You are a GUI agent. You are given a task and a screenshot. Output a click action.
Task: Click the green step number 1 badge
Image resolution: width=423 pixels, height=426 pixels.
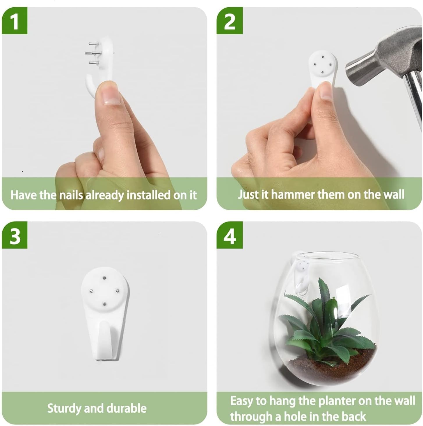(x=15, y=21)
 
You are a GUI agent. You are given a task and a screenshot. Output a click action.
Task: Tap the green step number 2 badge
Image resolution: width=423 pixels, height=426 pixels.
(x=230, y=21)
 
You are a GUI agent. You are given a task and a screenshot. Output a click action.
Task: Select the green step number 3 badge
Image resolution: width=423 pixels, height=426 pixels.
(x=15, y=235)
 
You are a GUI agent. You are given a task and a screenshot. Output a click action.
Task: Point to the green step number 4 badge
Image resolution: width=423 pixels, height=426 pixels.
(x=230, y=235)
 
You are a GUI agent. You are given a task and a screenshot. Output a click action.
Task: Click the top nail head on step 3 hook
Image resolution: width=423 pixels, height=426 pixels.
(x=104, y=278)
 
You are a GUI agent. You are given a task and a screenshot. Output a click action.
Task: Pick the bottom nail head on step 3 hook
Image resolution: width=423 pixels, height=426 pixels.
(x=104, y=304)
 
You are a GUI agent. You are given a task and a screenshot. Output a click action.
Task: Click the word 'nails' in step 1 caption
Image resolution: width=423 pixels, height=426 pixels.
(x=71, y=195)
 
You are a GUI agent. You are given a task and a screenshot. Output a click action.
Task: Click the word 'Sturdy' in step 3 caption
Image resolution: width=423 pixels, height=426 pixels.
(x=64, y=408)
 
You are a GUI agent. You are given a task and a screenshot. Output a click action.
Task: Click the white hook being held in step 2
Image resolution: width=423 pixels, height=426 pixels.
(x=321, y=67)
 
